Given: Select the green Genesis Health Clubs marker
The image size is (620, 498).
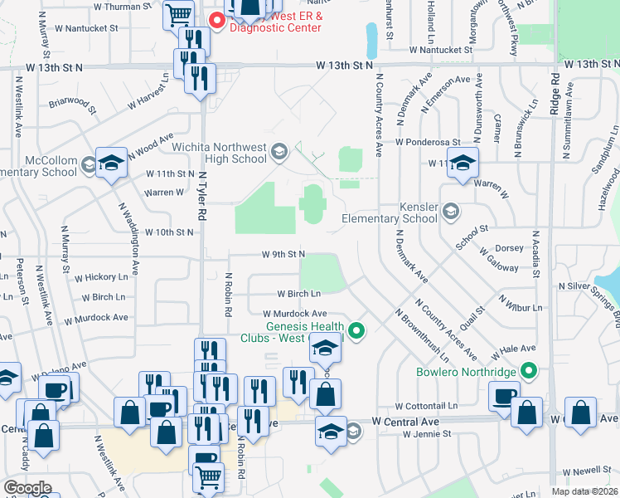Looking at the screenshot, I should pos(357,331).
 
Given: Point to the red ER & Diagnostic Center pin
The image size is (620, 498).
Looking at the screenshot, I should pos(218,20).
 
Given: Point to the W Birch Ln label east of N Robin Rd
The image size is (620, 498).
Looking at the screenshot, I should pos(298,294).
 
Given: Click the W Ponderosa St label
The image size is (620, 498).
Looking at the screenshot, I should pos(427,142).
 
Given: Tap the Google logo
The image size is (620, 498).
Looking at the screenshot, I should pos(27,488).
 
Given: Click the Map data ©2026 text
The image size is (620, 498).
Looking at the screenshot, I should pos(584,491).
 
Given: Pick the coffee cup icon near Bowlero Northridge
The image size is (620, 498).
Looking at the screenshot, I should pos(504,396).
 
